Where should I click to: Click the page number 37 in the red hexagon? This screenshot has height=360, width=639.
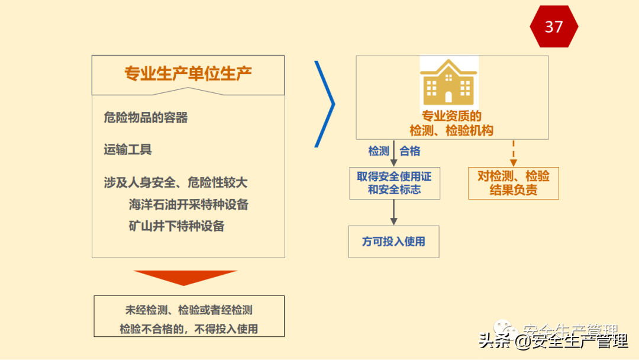coord(554,27)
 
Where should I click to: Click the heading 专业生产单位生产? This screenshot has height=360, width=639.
coord(188,73)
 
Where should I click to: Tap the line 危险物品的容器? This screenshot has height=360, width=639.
coord(146,118)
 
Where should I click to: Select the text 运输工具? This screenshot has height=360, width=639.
coord(128,150)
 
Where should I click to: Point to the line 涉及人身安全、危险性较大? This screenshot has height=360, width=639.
coord(175,182)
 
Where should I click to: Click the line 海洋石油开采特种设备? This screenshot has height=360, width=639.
coord(188,205)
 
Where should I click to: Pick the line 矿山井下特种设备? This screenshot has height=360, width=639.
coord(176,226)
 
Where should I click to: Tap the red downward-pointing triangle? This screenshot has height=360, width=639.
coord(185,277)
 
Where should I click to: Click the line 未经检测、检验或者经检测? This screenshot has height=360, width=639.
coord(189,310)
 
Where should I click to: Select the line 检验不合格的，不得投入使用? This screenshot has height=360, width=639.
coord(189,329)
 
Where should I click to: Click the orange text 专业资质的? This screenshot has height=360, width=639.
coord(451,117)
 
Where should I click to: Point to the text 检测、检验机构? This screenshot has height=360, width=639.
coord(451,130)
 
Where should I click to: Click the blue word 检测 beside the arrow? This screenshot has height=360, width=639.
coord(379,152)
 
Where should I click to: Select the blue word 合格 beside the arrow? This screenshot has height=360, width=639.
coord(410,152)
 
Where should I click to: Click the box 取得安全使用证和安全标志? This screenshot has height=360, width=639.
coord(394,183)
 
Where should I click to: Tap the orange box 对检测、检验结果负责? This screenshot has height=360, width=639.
coord(513,183)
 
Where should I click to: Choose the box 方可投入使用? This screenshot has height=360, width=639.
coord(393,242)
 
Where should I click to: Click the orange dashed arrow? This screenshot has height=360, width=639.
coord(513,153)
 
